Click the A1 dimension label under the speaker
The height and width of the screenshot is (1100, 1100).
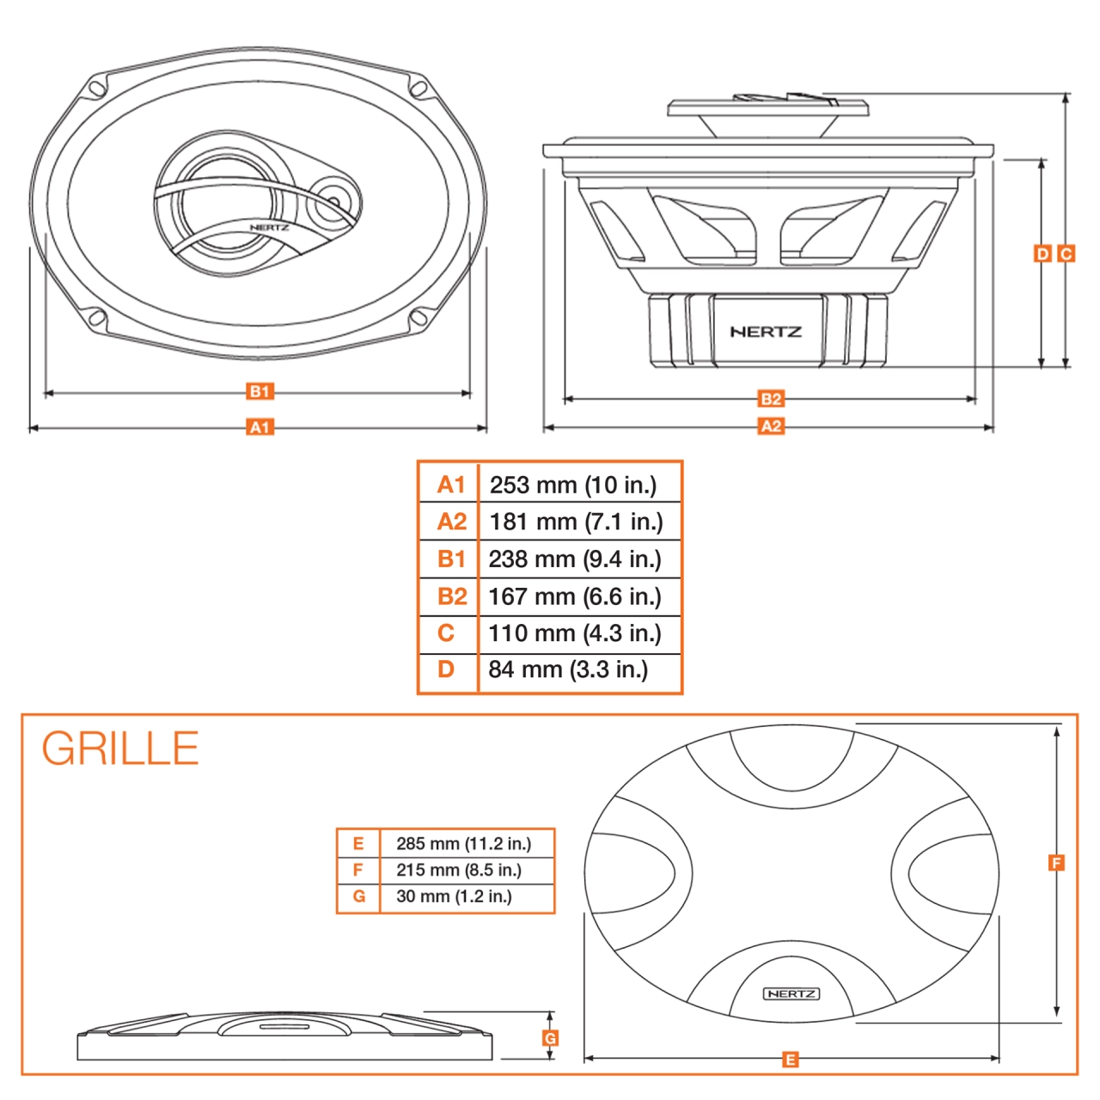[260, 427]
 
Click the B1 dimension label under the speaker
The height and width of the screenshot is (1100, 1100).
[260, 392]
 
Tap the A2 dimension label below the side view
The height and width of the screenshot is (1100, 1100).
[771, 426]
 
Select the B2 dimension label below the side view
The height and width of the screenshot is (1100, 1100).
[771, 399]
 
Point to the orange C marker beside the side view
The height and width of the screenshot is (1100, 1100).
[1066, 254]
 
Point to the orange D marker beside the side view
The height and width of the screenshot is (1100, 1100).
[1042, 254]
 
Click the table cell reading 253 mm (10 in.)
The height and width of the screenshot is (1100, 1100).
[573, 485]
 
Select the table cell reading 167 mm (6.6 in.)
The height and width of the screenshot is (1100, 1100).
[574, 596]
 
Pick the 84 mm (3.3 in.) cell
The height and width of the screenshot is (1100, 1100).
[568, 669]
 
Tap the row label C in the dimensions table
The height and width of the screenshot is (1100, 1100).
[446, 633]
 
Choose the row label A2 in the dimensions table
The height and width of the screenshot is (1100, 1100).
[451, 522]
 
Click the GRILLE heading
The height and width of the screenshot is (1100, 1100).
[120, 749]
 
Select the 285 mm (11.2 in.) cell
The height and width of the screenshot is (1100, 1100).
[464, 844]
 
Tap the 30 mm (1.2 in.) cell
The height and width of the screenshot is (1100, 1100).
[454, 896]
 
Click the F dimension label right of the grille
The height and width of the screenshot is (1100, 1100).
[1056, 863]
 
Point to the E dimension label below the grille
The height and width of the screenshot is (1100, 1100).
[790, 1060]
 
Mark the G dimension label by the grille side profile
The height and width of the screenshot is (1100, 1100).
[550, 1038]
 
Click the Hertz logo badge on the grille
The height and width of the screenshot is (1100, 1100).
[791, 993]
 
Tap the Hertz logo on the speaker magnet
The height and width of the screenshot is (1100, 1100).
[766, 332]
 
